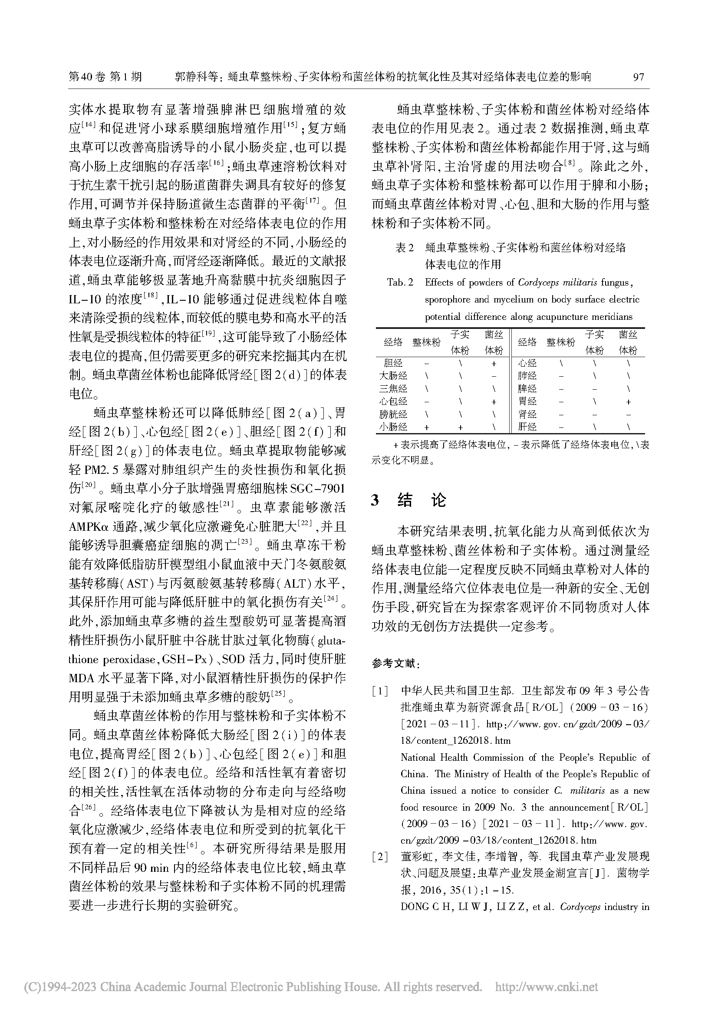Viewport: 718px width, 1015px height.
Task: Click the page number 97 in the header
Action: pos(639,77)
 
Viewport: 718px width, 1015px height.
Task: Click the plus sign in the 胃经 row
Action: pos(628,402)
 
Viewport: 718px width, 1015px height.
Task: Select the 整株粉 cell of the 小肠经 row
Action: pos(427,427)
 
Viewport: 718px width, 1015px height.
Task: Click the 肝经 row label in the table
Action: pos(527,427)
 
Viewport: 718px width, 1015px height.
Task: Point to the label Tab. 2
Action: pos(400,282)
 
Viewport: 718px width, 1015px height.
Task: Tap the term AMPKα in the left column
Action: pos(89,526)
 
